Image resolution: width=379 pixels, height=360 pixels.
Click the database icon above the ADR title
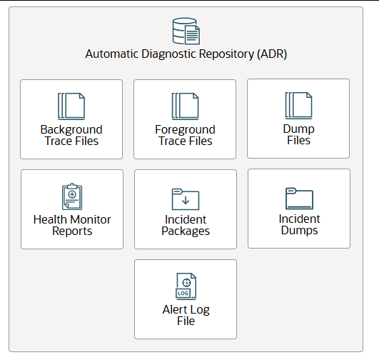[186, 31]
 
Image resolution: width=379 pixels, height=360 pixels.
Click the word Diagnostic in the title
[169, 54]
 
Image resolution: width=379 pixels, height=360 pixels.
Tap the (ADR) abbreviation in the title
[272, 54]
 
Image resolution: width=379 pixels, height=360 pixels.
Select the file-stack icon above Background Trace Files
[71, 106]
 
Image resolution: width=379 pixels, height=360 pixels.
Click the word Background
[71, 130]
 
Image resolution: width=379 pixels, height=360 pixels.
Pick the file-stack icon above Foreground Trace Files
[185, 106]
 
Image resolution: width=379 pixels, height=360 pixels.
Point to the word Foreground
[185, 130]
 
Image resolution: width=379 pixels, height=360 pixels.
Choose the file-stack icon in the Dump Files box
[299, 106]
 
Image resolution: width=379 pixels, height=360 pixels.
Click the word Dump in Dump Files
[299, 129]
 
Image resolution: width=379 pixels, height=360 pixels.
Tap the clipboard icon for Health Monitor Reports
[72, 196]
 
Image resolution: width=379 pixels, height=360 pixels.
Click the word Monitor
[91, 220]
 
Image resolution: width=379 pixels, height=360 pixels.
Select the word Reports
[72, 231]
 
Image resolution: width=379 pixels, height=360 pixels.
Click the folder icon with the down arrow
[186, 199]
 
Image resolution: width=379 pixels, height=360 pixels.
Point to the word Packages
[186, 231]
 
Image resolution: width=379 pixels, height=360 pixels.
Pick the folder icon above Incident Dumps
[299, 199]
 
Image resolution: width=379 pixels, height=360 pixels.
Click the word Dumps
[299, 230]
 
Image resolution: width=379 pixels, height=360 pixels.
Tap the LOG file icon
[186, 286]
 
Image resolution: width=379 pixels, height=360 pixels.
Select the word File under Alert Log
[186, 321]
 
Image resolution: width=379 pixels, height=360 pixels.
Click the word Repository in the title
[227, 54]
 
